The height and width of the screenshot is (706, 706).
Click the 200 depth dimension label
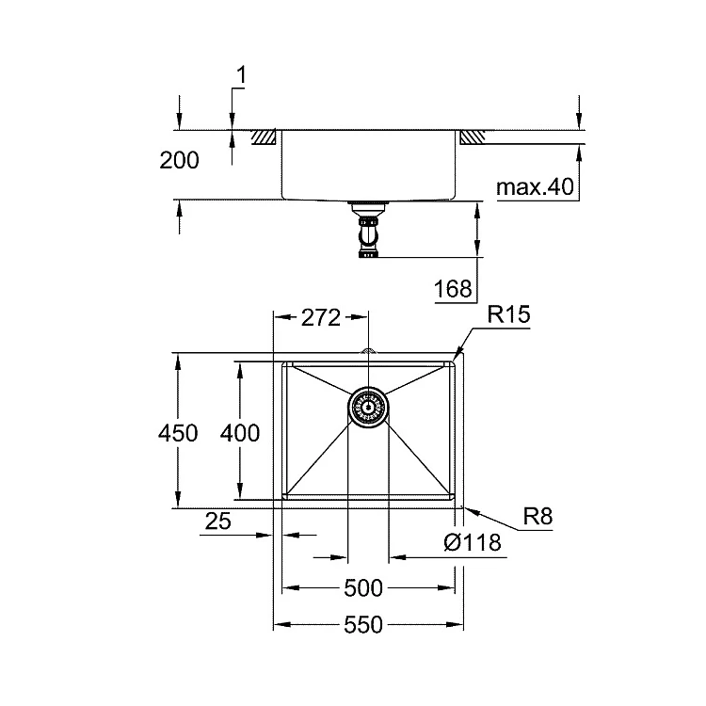click(179, 160)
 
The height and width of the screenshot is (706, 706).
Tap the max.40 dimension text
click(535, 186)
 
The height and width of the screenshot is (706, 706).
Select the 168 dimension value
click(453, 289)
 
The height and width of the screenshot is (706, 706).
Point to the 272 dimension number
click(321, 318)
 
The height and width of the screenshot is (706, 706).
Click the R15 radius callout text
click(508, 314)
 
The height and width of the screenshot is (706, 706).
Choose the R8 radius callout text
click(538, 516)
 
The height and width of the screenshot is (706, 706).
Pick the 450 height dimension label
click(178, 433)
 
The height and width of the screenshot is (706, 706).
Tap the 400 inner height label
click(240, 433)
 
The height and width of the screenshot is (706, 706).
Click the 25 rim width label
click(218, 521)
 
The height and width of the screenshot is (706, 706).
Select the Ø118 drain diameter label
click(473, 542)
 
